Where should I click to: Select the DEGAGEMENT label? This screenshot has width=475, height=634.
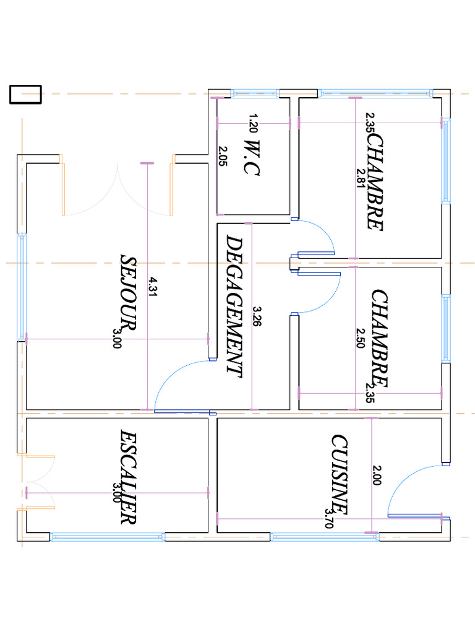(234, 306)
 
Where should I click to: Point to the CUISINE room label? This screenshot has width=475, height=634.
(340, 475)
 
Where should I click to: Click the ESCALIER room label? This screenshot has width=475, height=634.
(129, 477)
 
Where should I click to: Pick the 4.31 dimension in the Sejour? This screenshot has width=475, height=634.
(153, 287)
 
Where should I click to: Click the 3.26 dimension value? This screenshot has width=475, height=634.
(257, 316)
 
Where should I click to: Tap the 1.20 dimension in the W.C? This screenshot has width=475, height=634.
(253, 123)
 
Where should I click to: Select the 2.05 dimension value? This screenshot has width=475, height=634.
(223, 155)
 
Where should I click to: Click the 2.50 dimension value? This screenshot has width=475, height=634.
(361, 338)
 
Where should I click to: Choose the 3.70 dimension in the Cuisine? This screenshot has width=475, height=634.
(329, 518)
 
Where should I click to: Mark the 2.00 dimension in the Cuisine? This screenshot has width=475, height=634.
(377, 475)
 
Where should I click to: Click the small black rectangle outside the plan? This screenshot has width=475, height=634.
(25, 95)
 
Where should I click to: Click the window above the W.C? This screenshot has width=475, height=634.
(255, 94)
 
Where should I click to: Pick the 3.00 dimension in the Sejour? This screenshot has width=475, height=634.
(117, 338)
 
